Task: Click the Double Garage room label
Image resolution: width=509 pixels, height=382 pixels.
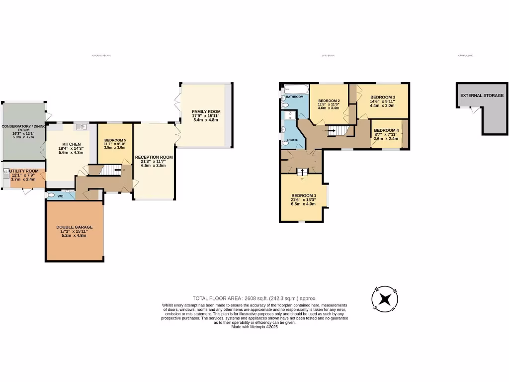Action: tap(75, 227)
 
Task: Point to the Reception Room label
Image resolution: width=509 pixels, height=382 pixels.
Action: tap(154, 157)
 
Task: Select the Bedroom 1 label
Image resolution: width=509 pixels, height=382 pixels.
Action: tap(303, 195)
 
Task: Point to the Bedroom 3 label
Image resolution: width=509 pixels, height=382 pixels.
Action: tap(383, 97)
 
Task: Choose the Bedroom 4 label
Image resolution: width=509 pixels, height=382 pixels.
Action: tap(386, 130)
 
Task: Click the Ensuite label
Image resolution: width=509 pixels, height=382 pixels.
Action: tap(292, 140)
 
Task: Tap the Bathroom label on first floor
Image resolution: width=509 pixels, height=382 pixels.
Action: tap(294, 96)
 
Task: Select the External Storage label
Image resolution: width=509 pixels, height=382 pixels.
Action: tap(482, 95)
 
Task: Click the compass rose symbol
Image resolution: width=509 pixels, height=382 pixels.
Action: tap(384, 299)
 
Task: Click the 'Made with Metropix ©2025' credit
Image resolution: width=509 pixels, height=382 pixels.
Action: tap(254, 327)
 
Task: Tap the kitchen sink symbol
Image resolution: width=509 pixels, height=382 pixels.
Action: tap(81, 127)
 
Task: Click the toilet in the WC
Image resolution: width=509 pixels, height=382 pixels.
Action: tap(51, 196)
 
